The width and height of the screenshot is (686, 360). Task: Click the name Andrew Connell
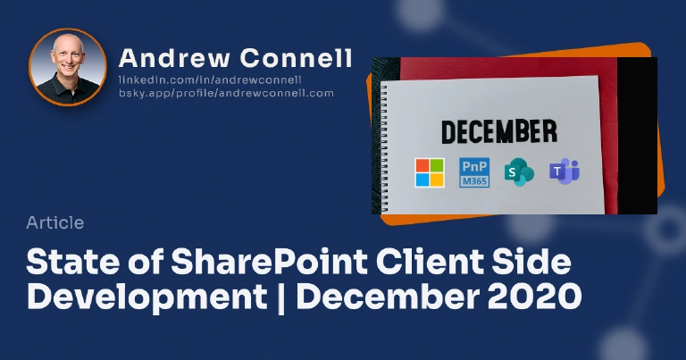(235, 59)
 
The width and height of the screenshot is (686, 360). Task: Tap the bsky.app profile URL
(226, 93)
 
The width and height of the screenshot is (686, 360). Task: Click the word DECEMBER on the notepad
(499, 131)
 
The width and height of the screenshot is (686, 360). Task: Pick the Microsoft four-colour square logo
(429, 172)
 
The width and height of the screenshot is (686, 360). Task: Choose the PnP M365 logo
(474, 172)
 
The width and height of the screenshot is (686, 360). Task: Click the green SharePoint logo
(518, 172)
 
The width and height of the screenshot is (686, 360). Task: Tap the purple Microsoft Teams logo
(564, 172)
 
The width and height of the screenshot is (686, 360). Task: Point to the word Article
(55, 223)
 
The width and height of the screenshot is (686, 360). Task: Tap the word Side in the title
(531, 264)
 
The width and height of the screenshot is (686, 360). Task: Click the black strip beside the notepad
(636, 134)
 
